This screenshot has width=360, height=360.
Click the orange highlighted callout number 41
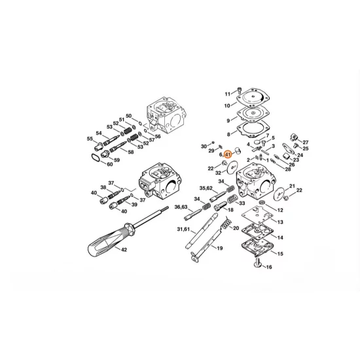[x=228, y=155]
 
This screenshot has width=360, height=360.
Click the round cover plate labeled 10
[x=249, y=103]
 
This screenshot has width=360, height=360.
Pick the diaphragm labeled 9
[x=249, y=120]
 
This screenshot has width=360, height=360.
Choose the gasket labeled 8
[x=249, y=137]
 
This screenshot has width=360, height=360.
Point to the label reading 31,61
[x=183, y=229]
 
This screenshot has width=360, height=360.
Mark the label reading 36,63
[x=181, y=207]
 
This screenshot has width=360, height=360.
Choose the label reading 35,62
[x=206, y=188]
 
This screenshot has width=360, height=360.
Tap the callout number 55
[x=90, y=139]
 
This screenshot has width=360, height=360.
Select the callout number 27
[x=305, y=142]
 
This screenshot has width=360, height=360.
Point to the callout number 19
[x=221, y=249]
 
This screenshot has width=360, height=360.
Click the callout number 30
[x=204, y=145]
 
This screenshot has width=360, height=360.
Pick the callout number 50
[x=129, y=116]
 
